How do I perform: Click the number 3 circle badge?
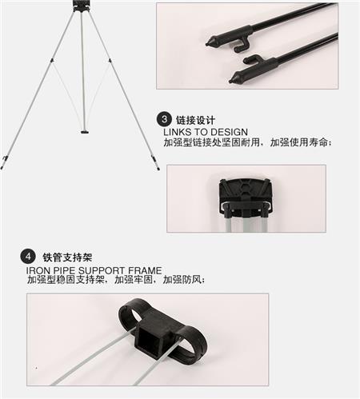coord(164,119)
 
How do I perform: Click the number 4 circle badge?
coord(28,257)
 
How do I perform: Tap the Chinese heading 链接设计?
coord(195,121)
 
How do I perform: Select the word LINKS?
coord(178,132)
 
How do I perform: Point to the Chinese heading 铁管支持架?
coord(67,257)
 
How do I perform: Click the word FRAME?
coord(145,270)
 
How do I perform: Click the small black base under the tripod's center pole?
coord(85,132)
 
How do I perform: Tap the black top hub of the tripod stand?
coord(81,6)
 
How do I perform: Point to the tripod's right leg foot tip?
coord(158,169)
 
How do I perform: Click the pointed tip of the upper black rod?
coord(208,43)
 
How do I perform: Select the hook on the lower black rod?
coord(251,59)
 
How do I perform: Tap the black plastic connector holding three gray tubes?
coord(246,196)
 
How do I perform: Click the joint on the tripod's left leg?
coord(52,61)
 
